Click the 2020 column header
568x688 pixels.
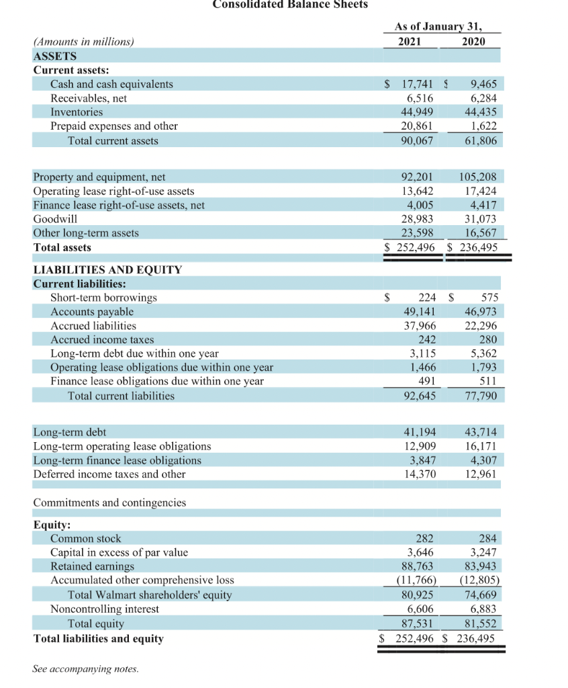coord(475,41)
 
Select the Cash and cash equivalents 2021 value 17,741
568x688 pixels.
coord(416,84)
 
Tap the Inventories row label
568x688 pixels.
coord(77,112)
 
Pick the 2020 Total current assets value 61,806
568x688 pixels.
coord(481,140)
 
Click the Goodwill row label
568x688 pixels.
coord(55,219)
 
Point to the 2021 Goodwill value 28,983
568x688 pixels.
coord(417,219)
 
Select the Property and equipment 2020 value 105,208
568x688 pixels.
coord(478,177)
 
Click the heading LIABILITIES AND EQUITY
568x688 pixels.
coord(107,269)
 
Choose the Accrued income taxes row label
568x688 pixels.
coord(102,340)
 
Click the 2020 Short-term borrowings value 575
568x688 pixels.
coord(489,298)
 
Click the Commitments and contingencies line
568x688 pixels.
coord(109,503)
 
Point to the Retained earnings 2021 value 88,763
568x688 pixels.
coord(417,566)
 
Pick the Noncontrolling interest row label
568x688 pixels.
coord(105,609)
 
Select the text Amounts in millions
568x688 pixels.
coord(84,42)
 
